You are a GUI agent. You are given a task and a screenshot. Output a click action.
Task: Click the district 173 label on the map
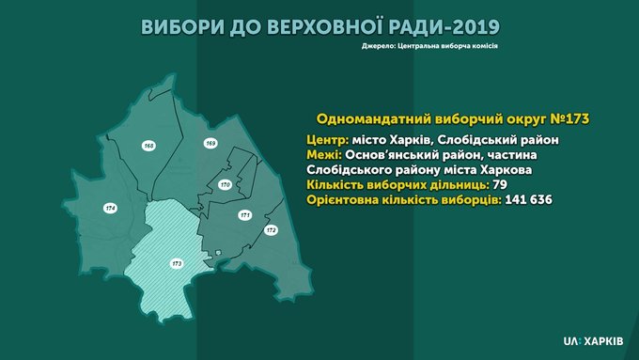(177, 264)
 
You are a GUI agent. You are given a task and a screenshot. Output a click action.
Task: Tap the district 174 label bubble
(110, 209)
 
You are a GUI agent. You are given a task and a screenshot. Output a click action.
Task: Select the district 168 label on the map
(149, 146)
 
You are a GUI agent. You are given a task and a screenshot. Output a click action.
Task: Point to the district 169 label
(210, 143)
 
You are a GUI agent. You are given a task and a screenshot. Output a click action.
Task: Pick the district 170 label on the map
(225, 184)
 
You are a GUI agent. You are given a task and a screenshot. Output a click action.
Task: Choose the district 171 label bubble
(245, 215)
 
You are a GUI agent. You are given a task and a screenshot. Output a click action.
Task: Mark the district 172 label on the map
(271, 230)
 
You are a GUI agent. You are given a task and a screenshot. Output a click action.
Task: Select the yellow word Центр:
(328, 140)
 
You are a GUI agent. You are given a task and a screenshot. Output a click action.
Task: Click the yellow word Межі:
(324, 155)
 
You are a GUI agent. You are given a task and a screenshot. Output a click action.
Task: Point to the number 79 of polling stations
(500, 184)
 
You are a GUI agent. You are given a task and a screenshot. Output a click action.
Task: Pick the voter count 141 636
(528, 200)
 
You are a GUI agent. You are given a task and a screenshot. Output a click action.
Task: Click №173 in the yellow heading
(569, 118)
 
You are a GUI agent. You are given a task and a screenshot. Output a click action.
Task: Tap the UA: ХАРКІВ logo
(593, 341)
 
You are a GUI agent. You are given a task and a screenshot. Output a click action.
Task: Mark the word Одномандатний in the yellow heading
(374, 118)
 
